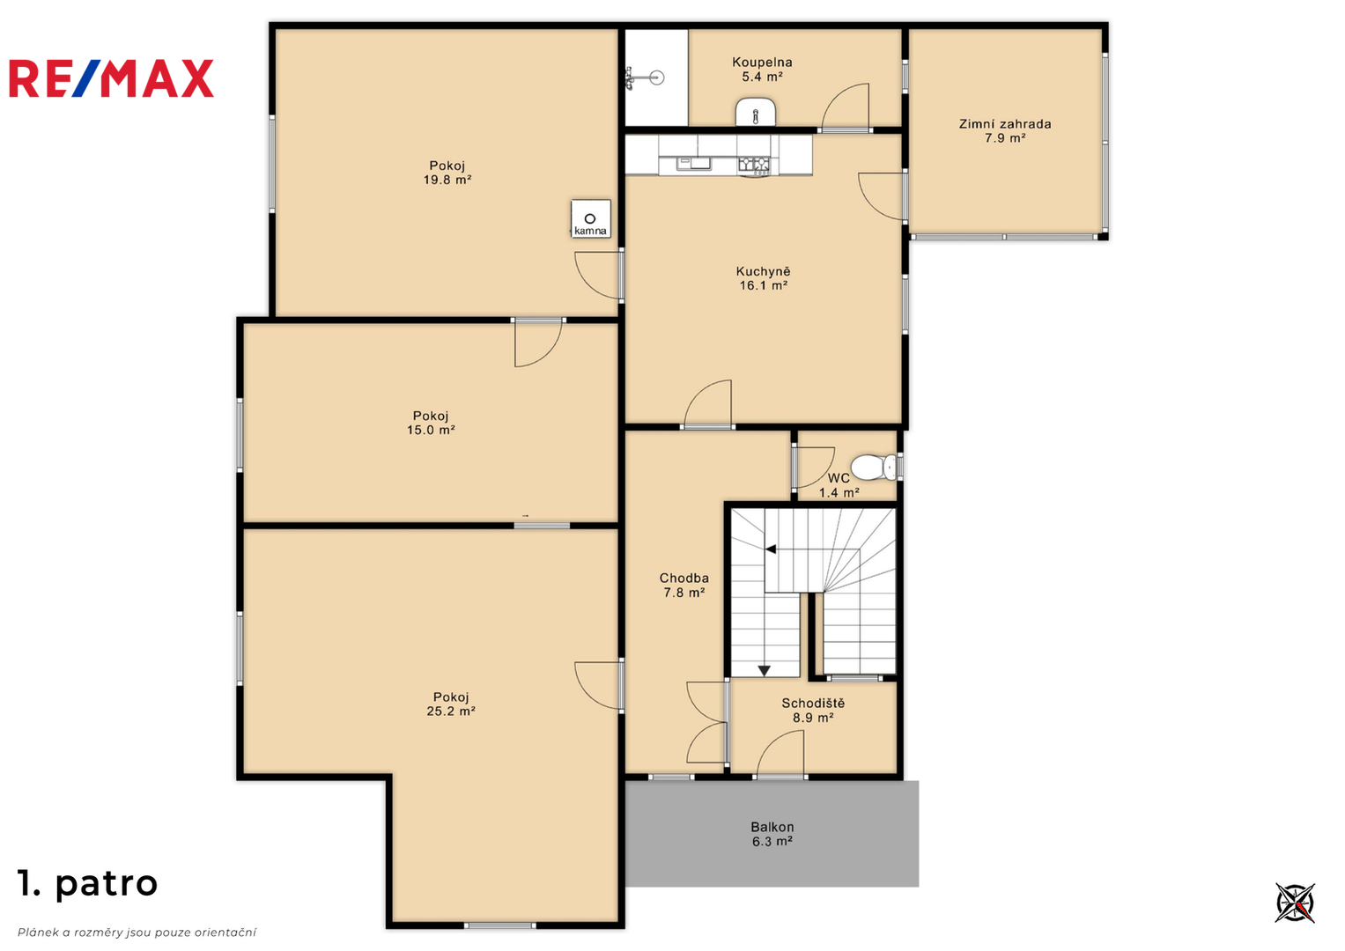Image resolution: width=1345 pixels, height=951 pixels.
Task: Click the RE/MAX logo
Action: point(111,78)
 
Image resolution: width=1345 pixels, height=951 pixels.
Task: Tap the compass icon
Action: point(1295,903)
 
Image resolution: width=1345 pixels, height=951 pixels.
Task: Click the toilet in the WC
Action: point(874,467)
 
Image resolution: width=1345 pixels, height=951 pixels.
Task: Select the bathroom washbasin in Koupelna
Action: point(756,113)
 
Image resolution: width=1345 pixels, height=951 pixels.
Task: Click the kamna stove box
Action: point(590,218)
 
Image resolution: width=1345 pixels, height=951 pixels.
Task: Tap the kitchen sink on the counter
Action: point(693,162)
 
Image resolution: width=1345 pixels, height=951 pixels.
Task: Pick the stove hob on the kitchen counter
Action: point(754,163)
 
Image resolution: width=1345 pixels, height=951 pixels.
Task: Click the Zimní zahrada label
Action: point(1004,124)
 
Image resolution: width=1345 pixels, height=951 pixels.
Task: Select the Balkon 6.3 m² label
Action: point(772,834)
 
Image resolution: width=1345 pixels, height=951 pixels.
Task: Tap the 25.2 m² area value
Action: point(451,711)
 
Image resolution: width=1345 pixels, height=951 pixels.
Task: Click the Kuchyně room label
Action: point(763,271)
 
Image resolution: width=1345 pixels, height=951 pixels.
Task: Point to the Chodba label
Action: point(684,579)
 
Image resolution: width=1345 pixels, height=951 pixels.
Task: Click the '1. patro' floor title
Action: point(88,884)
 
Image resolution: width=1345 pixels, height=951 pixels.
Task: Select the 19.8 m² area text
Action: point(447,180)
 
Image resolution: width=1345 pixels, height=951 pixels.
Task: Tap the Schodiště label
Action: point(813,703)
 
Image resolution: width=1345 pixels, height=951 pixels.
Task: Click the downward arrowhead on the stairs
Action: point(764,671)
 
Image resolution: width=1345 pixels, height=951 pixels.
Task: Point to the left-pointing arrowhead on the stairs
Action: point(771,549)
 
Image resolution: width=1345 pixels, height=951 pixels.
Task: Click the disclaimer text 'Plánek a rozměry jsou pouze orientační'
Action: point(137,933)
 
